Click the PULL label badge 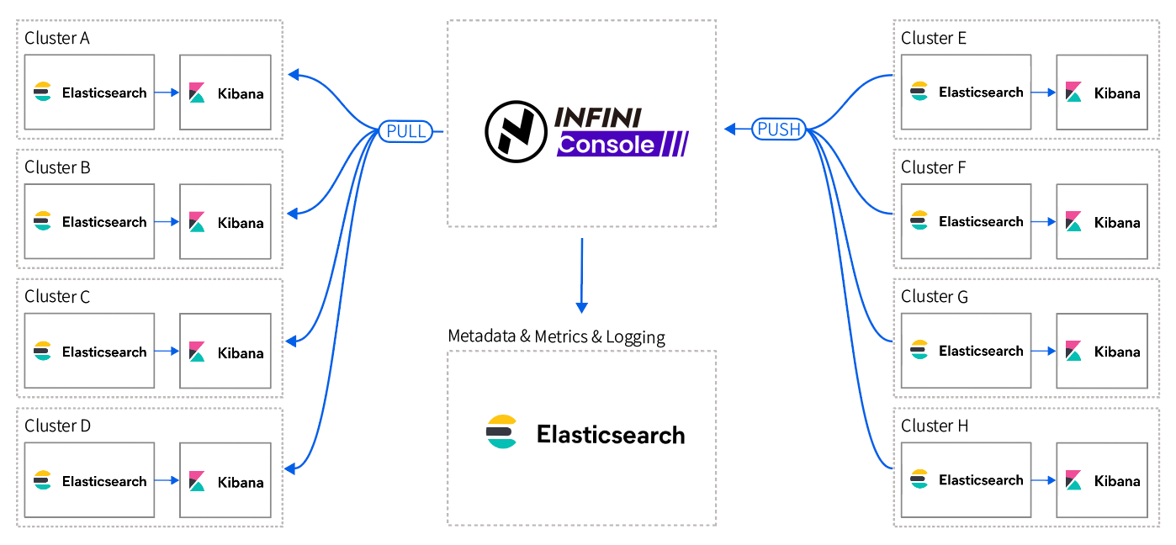point(407,131)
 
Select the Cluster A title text point(57,38)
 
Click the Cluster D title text point(57,426)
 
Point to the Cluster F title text point(933,167)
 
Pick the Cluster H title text point(935,426)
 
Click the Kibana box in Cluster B point(225,222)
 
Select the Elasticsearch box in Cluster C point(89,351)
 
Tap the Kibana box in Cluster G point(1102,351)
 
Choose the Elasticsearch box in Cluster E point(966,92)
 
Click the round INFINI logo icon point(515,130)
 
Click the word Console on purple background point(606,145)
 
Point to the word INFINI point(596,116)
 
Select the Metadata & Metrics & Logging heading point(556,336)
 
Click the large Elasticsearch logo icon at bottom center point(502,432)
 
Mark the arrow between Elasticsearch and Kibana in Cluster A point(167,93)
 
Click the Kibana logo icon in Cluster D point(198,481)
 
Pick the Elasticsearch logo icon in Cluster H point(919,480)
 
